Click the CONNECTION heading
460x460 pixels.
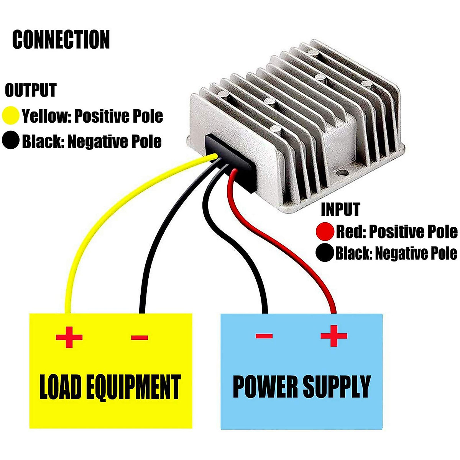pyautogui.click(x=61, y=39)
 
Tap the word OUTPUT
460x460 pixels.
pyautogui.click(x=31, y=90)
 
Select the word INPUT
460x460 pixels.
pyautogui.click(x=340, y=210)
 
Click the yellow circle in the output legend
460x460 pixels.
pyautogui.click(x=11, y=116)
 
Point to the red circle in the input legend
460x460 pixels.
pyautogui.click(x=325, y=232)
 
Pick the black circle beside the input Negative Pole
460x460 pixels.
pyautogui.click(x=325, y=253)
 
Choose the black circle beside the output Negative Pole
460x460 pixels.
pyautogui.click(x=11, y=141)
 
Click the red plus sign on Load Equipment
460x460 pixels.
pyautogui.click(x=69, y=337)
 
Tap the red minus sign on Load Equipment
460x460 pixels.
pyautogui.click(x=140, y=338)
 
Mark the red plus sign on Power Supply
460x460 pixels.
pyautogui.click(x=334, y=336)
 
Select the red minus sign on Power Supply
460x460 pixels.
pyautogui.click(x=264, y=336)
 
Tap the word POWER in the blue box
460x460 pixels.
pyautogui.click(x=264, y=386)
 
